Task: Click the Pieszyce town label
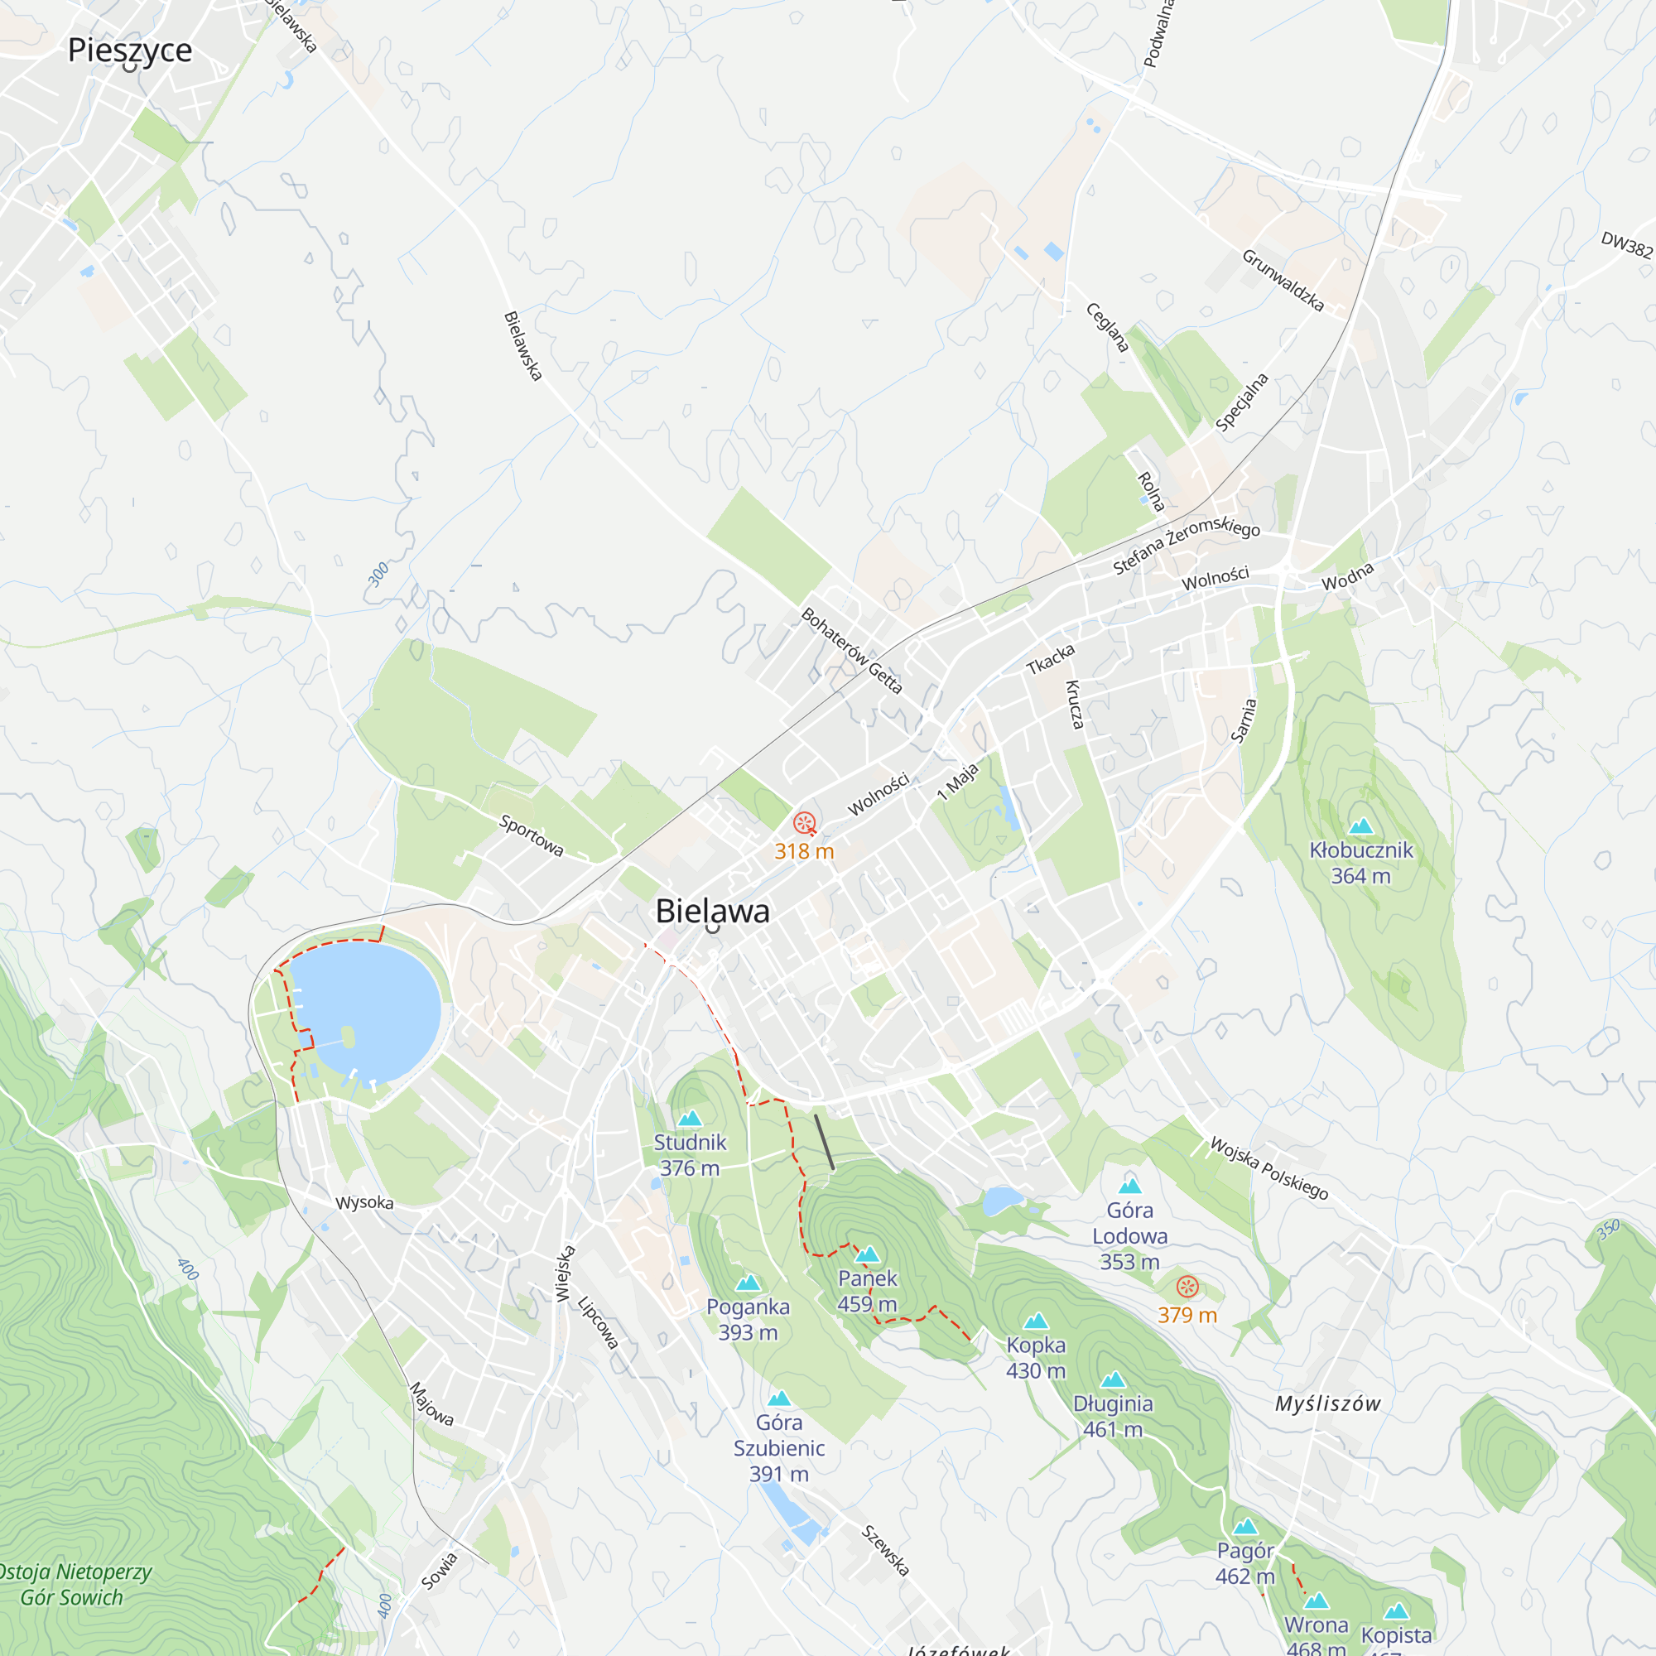point(130,50)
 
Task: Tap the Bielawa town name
point(712,911)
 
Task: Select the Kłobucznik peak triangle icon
point(1361,826)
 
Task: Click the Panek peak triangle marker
point(868,1255)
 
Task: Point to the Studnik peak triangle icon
point(690,1119)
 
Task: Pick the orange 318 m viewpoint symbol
point(804,824)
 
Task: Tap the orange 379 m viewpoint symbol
point(1187,1286)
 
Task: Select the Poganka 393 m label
point(749,1319)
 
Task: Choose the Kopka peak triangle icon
point(1037,1321)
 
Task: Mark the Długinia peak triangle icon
point(1114,1379)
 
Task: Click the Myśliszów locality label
point(1328,1404)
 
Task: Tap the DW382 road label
point(1626,245)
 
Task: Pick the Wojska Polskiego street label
point(1268,1168)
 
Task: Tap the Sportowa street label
point(532,835)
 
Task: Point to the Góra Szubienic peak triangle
point(779,1398)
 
